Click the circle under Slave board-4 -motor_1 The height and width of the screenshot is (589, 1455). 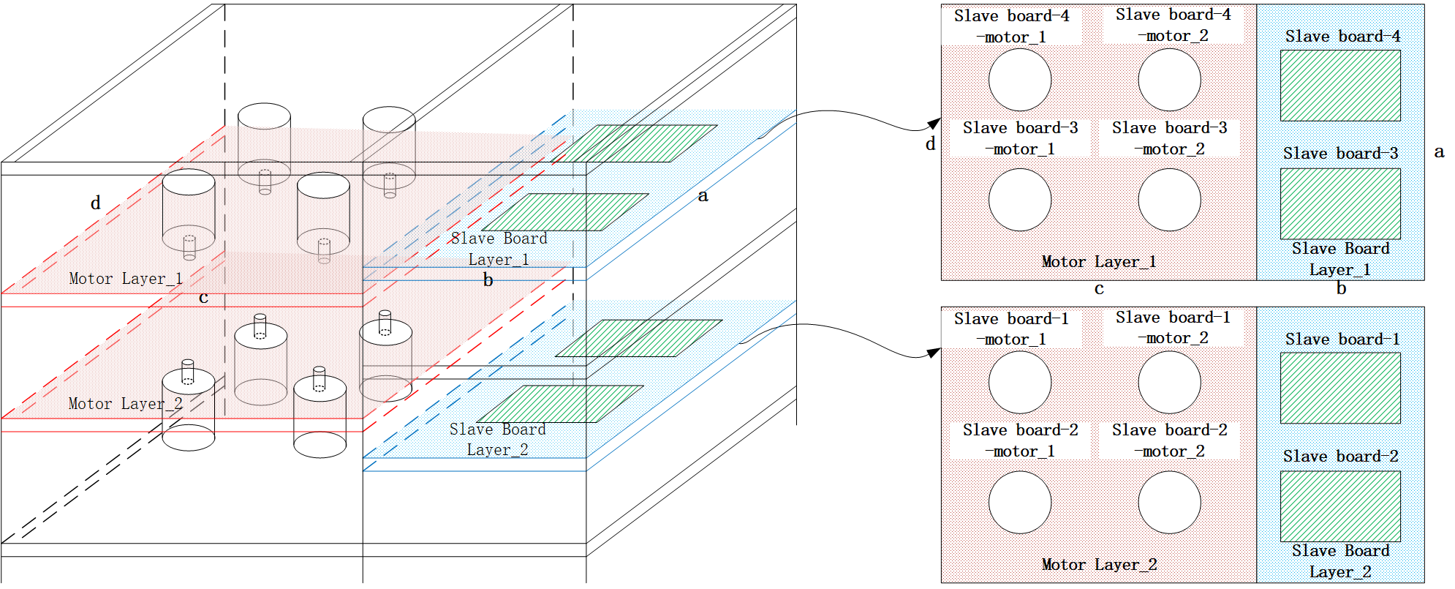point(1020,80)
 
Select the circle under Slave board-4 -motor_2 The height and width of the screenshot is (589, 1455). point(1169,80)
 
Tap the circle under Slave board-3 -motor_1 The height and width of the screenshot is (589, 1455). point(1020,200)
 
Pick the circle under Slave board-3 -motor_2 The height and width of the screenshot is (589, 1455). point(1169,200)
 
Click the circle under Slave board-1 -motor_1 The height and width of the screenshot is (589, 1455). point(1020,382)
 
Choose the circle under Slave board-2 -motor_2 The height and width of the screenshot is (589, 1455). point(1169,502)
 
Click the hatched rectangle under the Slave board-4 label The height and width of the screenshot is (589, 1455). point(1340,86)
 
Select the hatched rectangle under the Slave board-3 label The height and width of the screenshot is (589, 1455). point(1340,203)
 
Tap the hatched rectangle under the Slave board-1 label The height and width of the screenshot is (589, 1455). point(1340,388)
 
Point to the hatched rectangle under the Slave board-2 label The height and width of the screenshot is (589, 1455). point(1340,506)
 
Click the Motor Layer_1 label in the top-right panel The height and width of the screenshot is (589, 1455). point(1099,262)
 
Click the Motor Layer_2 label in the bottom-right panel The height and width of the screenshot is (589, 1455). point(1099,565)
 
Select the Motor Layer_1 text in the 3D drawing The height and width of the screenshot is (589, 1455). point(125,279)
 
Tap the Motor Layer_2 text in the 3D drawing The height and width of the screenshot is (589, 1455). point(125,404)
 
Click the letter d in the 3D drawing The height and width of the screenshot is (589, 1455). point(96,203)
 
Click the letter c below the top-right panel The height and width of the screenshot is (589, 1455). point(1099,289)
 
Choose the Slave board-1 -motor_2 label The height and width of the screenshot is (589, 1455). point(1173,327)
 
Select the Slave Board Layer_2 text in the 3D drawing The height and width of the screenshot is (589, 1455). point(498,440)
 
